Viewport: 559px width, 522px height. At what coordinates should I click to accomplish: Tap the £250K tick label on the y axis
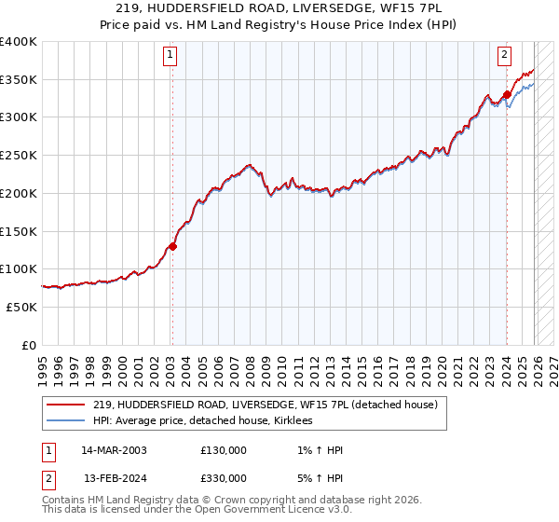pyautogui.click(x=19, y=156)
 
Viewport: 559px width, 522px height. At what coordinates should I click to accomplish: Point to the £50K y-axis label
pyautogui.click(x=21, y=307)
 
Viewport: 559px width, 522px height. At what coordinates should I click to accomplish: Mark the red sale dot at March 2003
pyautogui.click(x=172, y=247)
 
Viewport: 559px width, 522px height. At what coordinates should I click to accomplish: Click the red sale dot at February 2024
pyautogui.click(x=506, y=94)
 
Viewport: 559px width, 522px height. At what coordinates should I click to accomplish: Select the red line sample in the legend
pyautogui.click(x=67, y=404)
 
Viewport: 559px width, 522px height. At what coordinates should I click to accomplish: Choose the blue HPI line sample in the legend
pyautogui.click(x=67, y=421)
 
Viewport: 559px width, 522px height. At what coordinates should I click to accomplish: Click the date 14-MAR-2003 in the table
pyautogui.click(x=114, y=450)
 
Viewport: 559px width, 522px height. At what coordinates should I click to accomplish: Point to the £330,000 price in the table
pyautogui.click(x=224, y=477)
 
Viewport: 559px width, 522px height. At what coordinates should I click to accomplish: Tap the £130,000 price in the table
pyautogui.click(x=224, y=450)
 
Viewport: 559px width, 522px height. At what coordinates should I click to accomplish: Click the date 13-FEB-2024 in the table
pyautogui.click(x=114, y=477)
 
